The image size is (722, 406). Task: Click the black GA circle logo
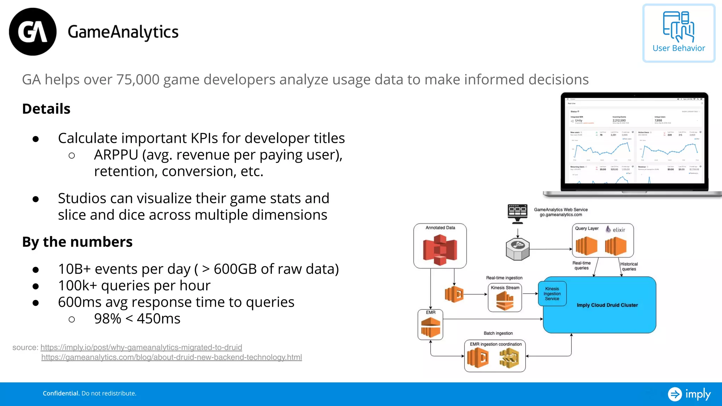coord(32,32)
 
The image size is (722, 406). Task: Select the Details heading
coord(46,109)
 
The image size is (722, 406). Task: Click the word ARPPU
coord(116,155)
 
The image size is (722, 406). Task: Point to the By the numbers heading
coord(77,242)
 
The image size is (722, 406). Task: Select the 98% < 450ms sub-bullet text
coord(137,319)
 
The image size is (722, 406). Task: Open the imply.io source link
coord(141,347)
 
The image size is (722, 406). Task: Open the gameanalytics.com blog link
coord(171,357)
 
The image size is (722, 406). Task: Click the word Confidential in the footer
coord(61,393)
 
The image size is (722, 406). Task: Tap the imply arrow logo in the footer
coord(675,394)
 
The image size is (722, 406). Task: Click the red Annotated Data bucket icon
coord(440,250)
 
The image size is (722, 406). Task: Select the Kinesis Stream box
coord(505,298)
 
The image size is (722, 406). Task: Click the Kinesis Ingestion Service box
coord(552,294)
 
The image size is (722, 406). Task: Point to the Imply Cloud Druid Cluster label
coord(607,305)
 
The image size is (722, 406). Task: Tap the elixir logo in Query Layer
coord(616,229)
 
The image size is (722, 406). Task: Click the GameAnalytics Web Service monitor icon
coord(517,214)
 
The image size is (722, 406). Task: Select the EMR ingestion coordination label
coord(495,344)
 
